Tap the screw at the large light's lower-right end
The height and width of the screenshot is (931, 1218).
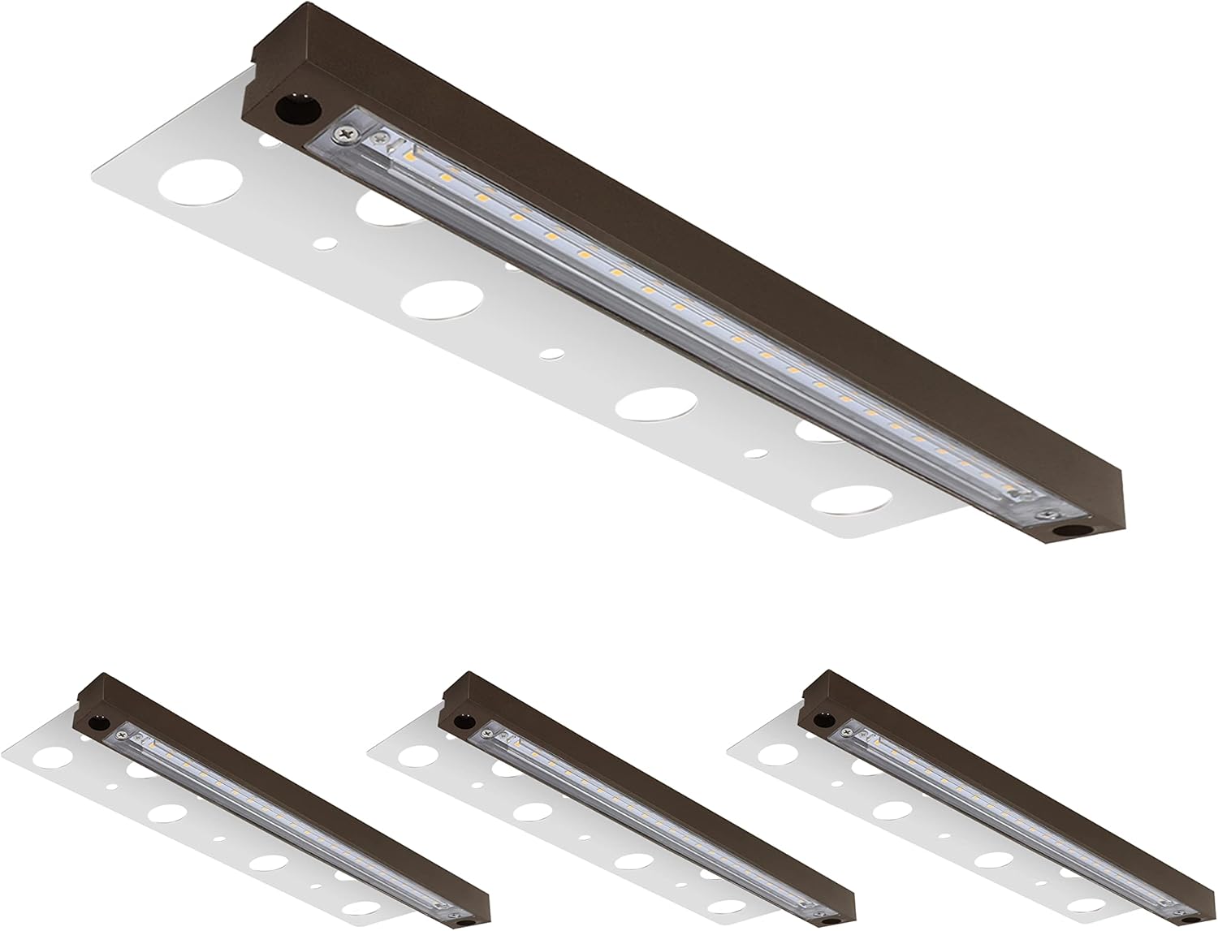1051,513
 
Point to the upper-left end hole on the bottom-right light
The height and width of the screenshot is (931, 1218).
822,718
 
